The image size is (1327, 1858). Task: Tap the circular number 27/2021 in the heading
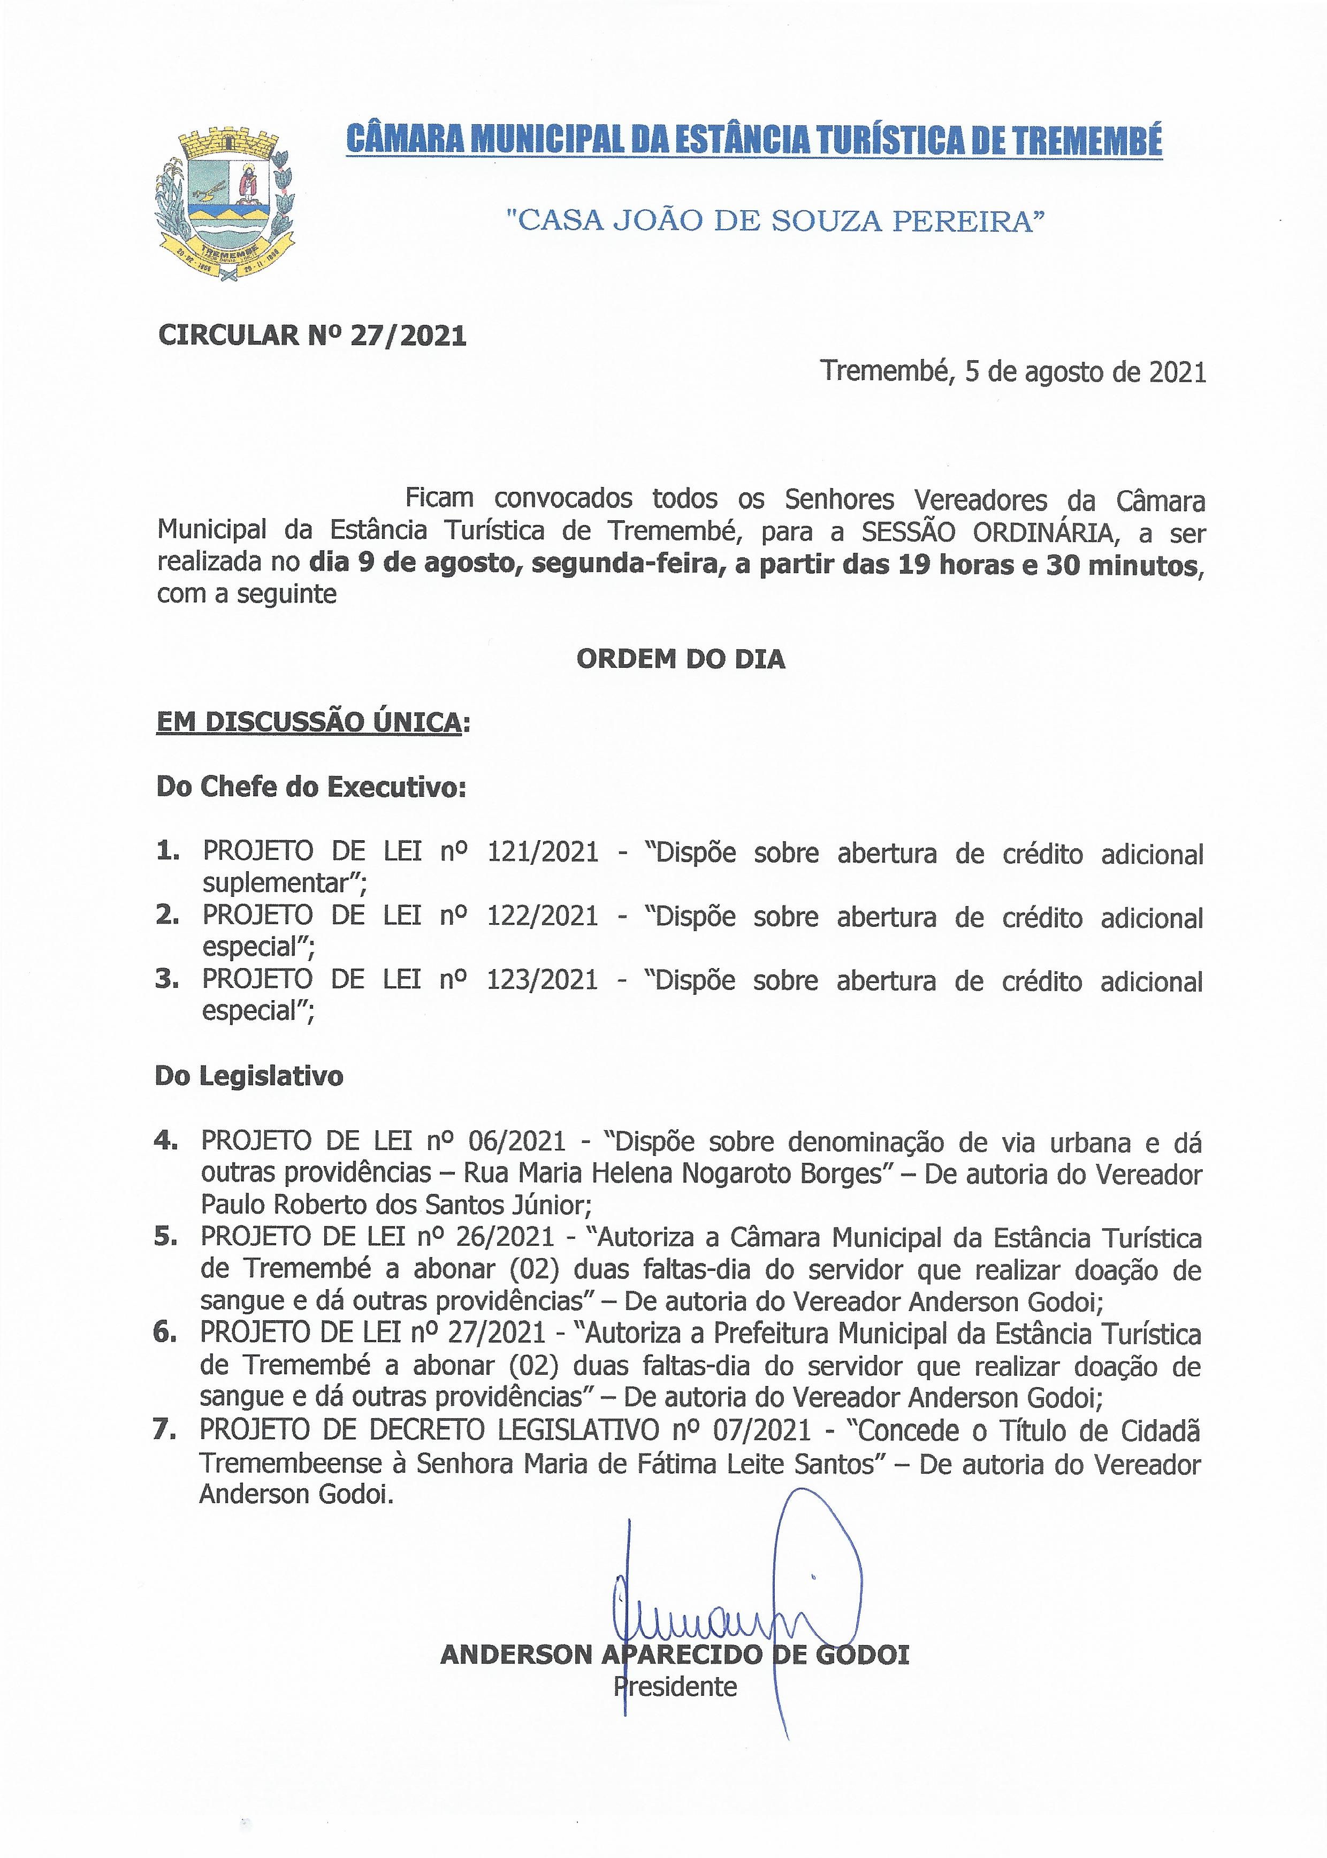[408, 336]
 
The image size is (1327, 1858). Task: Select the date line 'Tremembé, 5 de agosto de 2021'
[1013, 372]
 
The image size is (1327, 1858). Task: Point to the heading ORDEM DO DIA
[681, 659]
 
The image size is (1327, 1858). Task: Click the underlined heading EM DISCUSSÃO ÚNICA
[309, 722]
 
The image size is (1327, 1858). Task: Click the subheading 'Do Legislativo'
[249, 1076]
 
